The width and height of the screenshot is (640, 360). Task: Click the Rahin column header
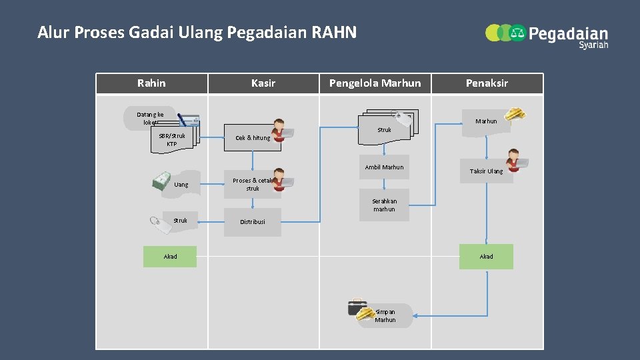(x=151, y=83)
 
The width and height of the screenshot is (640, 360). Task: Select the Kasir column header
(x=263, y=83)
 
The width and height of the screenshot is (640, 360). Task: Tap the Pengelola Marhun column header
(x=375, y=83)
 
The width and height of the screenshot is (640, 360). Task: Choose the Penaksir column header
(x=487, y=83)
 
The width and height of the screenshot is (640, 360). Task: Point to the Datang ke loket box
(x=150, y=118)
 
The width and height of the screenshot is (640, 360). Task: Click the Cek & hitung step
(x=253, y=138)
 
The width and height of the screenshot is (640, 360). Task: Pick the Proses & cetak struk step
(x=253, y=185)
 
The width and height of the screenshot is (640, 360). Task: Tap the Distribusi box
(x=253, y=222)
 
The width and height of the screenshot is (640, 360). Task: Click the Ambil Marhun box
(x=384, y=167)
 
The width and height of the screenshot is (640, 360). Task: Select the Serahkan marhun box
(x=384, y=205)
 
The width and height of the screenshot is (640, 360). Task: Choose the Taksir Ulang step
(x=486, y=171)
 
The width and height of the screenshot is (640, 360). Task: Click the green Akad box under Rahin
(x=170, y=256)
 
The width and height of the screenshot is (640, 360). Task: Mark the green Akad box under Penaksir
(x=486, y=256)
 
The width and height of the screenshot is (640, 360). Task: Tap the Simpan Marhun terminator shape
(x=385, y=316)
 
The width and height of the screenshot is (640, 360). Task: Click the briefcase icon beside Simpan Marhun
(x=357, y=307)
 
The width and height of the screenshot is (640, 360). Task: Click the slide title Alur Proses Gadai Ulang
(x=197, y=32)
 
